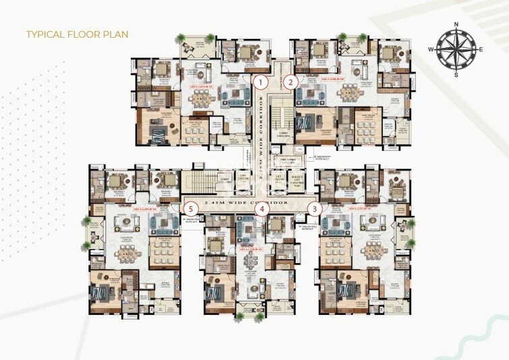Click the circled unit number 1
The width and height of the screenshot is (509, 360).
tap(260, 82)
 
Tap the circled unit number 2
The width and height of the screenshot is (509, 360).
tap(290, 82)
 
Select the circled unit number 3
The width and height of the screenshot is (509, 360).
tap(313, 208)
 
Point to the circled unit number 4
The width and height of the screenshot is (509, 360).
tap(261, 208)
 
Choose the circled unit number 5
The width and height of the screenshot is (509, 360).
tap(192, 208)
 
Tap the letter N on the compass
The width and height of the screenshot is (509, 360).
tap(456, 25)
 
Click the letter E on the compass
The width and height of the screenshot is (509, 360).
tap(481, 50)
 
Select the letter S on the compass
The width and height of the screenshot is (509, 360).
tap(456, 74)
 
